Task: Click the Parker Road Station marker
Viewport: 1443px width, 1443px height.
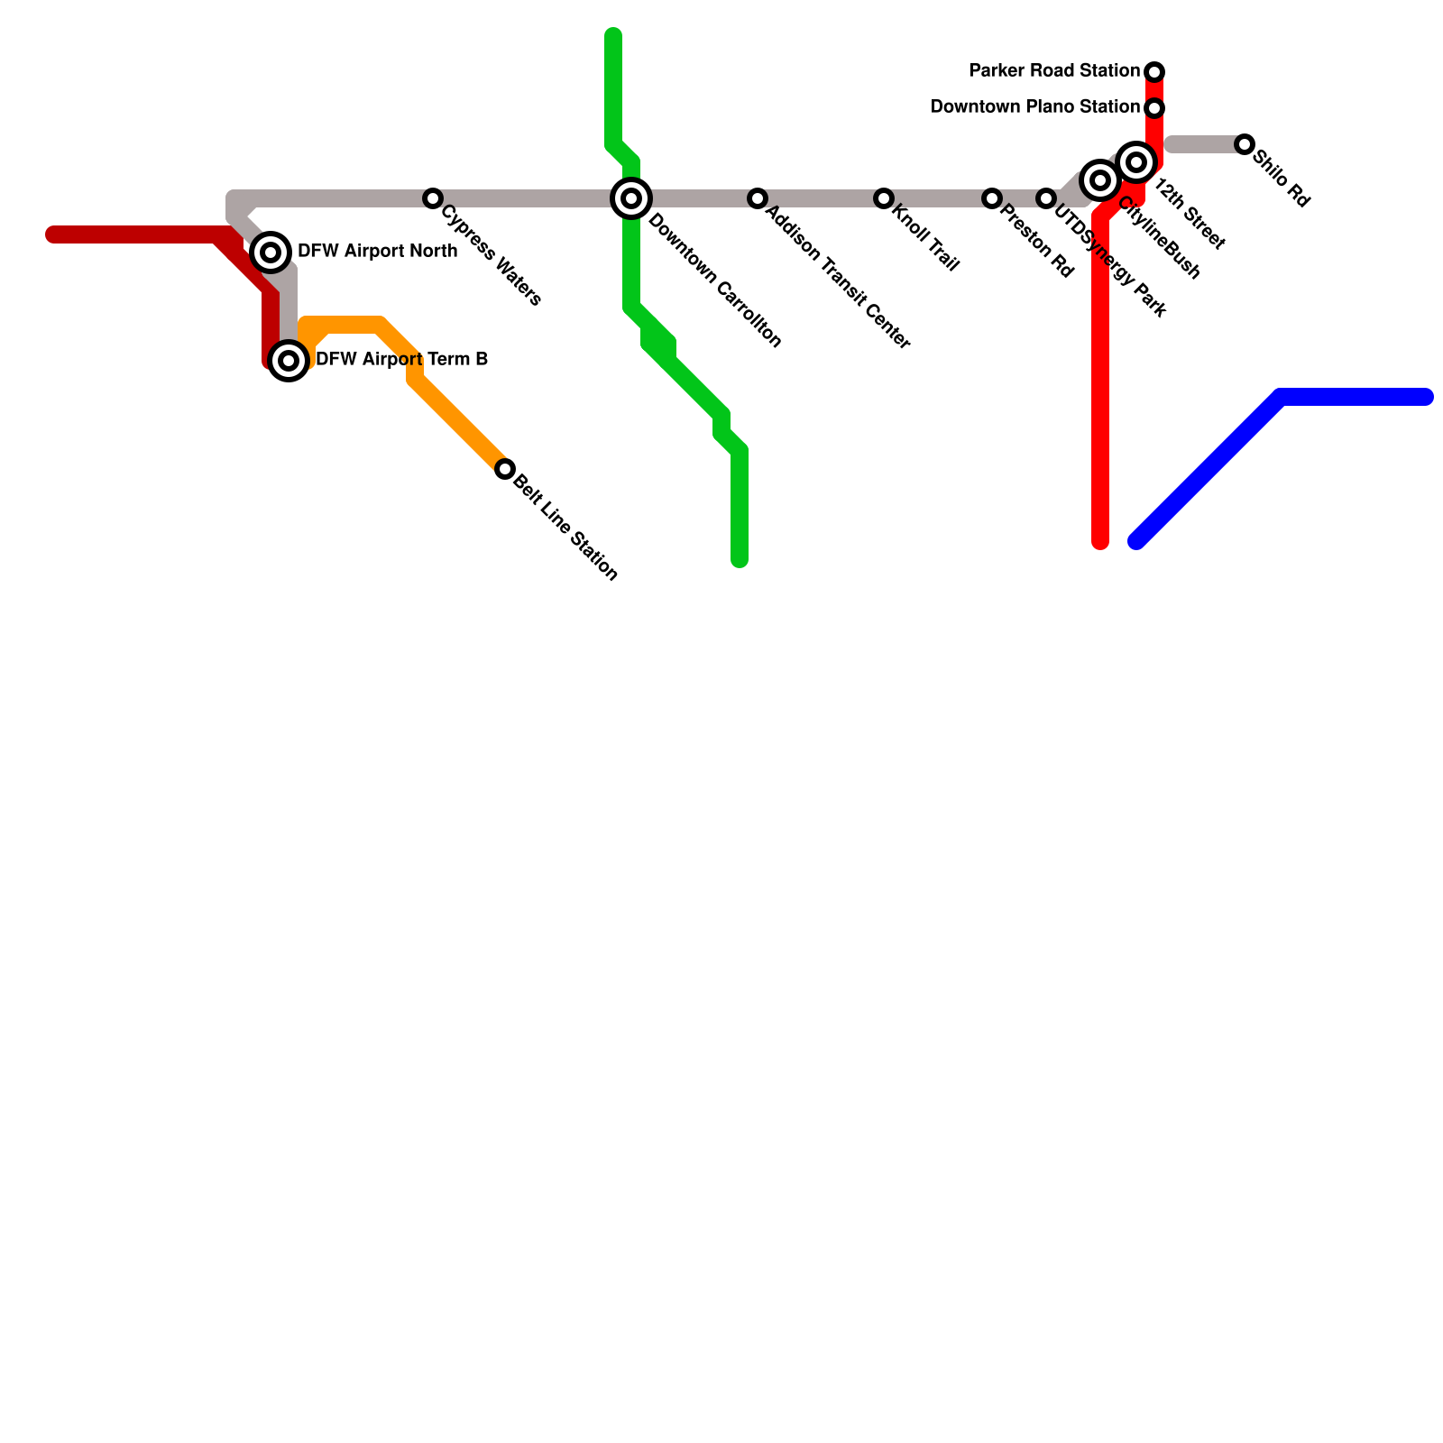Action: point(1154,71)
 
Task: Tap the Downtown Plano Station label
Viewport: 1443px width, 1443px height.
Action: point(1034,107)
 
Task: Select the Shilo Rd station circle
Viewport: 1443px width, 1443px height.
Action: point(1245,144)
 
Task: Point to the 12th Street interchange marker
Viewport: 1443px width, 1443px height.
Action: point(1137,162)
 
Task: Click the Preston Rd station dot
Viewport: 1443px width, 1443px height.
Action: point(992,198)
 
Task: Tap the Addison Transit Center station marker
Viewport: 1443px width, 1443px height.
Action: point(758,198)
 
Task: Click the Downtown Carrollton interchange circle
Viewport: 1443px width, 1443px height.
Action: point(632,198)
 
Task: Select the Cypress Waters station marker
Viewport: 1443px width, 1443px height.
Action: point(433,198)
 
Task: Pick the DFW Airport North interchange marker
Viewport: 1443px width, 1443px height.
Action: point(271,253)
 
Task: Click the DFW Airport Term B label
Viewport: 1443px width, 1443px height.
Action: point(401,360)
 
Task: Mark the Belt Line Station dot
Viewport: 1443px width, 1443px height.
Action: point(505,469)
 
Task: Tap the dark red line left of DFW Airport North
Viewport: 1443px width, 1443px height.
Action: point(135,235)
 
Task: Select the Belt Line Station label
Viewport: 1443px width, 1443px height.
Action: point(565,528)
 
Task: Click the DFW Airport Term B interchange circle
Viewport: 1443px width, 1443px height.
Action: point(289,361)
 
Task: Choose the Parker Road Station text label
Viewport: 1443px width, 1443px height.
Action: point(1053,70)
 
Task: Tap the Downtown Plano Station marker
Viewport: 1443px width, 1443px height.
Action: point(1154,108)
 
